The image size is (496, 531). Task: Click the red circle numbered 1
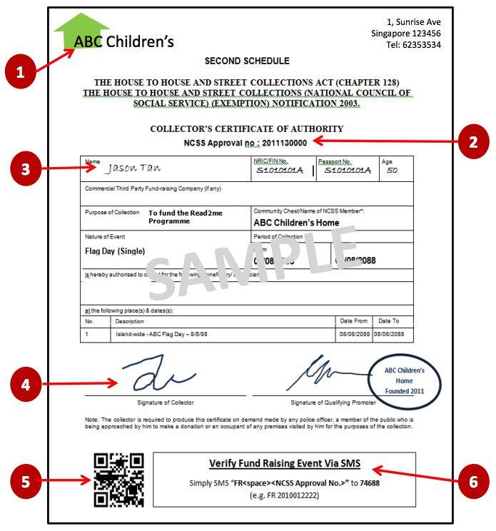[x=20, y=72]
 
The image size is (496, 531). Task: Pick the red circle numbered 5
[x=26, y=481]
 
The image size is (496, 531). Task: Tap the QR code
[x=118, y=480]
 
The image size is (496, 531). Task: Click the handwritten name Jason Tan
[x=134, y=169]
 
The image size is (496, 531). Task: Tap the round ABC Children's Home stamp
[x=404, y=380]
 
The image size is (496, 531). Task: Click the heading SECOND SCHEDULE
[x=247, y=61]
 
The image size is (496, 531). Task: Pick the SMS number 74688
[x=370, y=482]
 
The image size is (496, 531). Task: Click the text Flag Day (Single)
[x=115, y=251]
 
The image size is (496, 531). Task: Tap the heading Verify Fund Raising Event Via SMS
[x=284, y=464]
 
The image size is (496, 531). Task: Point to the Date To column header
[x=389, y=321]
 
